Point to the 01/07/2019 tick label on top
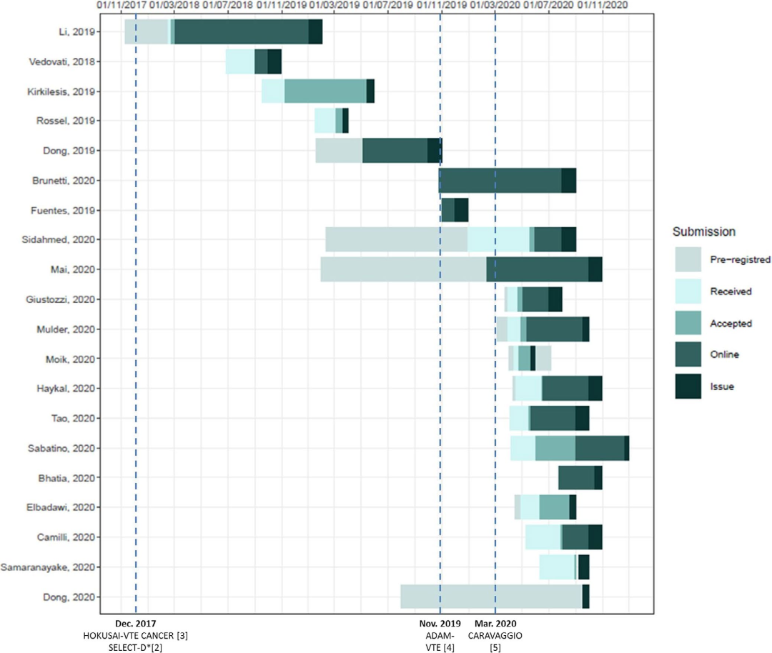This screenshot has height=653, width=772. (x=387, y=5)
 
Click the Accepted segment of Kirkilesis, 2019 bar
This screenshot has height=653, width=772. (x=325, y=91)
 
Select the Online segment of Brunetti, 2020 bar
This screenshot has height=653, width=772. (x=500, y=180)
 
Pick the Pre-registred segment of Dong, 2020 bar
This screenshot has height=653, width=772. (x=491, y=597)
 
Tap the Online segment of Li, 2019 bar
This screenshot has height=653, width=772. (x=242, y=31)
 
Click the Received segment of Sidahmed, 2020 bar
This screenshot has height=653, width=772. (x=498, y=239)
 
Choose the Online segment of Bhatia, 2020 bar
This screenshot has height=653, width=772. (x=576, y=477)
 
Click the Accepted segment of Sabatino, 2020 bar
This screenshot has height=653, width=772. (x=555, y=448)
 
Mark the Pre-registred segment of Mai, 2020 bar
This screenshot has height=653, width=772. (x=403, y=269)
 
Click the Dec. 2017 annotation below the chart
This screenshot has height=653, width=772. (x=136, y=623)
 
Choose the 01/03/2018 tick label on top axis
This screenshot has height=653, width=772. (x=174, y=5)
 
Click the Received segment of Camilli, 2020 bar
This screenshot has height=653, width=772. (x=543, y=537)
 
